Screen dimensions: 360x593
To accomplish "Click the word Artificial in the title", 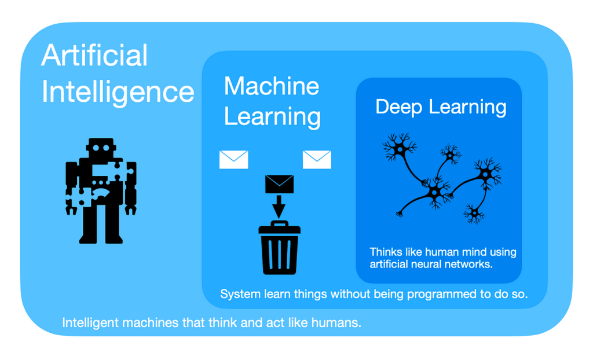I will click(94, 56).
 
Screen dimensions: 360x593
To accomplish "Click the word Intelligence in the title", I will click(118, 92).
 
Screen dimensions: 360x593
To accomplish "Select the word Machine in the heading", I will click(271, 86).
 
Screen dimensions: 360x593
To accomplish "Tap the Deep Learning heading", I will click(441, 106).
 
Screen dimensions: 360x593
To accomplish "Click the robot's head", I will click(101, 149).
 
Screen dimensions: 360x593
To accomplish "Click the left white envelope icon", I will click(233, 159).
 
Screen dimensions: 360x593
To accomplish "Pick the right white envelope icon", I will click(317, 159).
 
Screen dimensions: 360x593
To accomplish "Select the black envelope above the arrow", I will click(279, 184).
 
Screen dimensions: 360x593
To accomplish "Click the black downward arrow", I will click(279, 207).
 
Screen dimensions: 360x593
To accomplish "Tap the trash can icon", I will click(280, 249).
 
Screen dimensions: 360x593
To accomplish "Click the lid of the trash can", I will click(280, 227).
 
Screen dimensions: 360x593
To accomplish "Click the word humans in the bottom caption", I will click(338, 323).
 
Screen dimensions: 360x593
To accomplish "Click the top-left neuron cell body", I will click(399, 149).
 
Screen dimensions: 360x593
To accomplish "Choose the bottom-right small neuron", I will click(474, 214).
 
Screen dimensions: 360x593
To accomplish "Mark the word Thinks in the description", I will click(385, 252).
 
